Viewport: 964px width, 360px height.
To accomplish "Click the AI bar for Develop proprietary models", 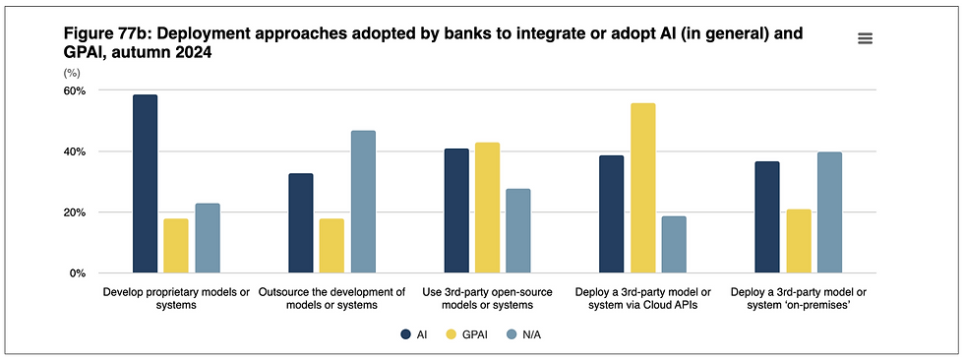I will [x=145, y=184].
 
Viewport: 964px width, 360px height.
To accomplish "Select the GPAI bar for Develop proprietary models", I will [x=176, y=246].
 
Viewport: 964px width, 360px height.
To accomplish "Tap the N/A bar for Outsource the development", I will [x=363, y=202].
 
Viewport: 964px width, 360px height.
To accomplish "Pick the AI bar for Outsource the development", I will [x=301, y=223].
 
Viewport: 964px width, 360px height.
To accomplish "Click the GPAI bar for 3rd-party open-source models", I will [x=487, y=208].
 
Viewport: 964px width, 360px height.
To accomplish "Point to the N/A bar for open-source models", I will [x=518, y=231].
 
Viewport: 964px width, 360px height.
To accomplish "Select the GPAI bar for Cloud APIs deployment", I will [x=643, y=188].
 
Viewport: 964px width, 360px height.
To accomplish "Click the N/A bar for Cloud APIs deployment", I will [x=674, y=245].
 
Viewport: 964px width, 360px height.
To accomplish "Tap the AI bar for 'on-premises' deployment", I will [x=767, y=217].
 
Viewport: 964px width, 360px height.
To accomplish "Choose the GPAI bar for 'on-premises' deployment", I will [x=799, y=241].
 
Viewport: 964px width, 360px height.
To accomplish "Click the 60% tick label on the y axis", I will [x=75, y=90].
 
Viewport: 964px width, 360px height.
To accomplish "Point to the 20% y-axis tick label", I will [x=75, y=212].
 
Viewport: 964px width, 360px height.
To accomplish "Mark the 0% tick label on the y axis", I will [x=79, y=273].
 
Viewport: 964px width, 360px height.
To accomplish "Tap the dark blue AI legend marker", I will [x=406, y=334].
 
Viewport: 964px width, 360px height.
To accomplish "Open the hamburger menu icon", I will [x=866, y=38].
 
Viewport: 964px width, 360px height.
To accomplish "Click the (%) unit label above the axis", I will [x=72, y=73].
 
